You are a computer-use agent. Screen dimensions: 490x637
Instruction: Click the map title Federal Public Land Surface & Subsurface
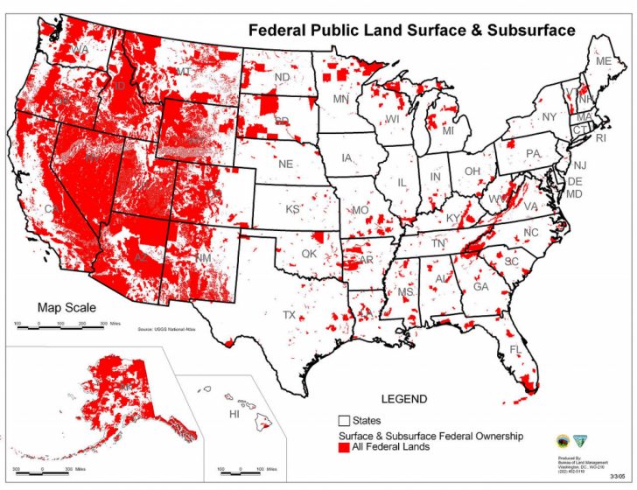pyautogui.click(x=412, y=29)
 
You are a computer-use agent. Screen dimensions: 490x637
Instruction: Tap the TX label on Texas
pyautogui.click(x=289, y=314)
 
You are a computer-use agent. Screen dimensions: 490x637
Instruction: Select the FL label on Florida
pyautogui.click(x=515, y=350)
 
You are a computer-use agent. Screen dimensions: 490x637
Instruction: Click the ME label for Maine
pyautogui.click(x=603, y=62)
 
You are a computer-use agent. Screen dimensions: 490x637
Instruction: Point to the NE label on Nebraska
pyautogui.click(x=285, y=164)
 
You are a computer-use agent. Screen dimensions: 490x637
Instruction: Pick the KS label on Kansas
pyautogui.click(x=292, y=210)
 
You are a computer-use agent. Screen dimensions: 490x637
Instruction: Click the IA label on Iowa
pyautogui.click(x=347, y=158)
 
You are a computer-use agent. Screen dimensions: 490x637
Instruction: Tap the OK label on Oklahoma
pyautogui.click(x=309, y=254)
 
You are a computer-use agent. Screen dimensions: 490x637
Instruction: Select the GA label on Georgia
pyautogui.click(x=480, y=286)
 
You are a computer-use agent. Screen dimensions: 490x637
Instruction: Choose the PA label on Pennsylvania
pyautogui.click(x=533, y=154)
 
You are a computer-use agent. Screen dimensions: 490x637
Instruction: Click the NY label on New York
pyautogui.click(x=549, y=116)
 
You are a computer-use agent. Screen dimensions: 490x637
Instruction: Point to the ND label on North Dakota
pyautogui.click(x=282, y=78)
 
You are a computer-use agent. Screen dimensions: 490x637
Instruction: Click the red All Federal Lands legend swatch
pyautogui.click(x=344, y=448)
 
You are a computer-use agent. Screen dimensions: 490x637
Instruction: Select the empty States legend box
pyautogui.click(x=344, y=421)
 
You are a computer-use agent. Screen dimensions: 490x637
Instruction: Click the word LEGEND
pyautogui.click(x=403, y=399)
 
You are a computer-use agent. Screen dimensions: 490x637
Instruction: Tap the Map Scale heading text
pyautogui.click(x=66, y=307)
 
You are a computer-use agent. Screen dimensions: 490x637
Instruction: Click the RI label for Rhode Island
pyautogui.click(x=600, y=138)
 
